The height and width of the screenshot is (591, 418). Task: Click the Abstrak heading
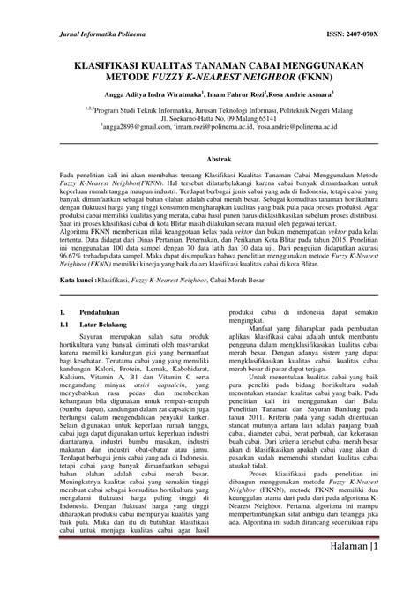pyautogui.click(x=208, y=157)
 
